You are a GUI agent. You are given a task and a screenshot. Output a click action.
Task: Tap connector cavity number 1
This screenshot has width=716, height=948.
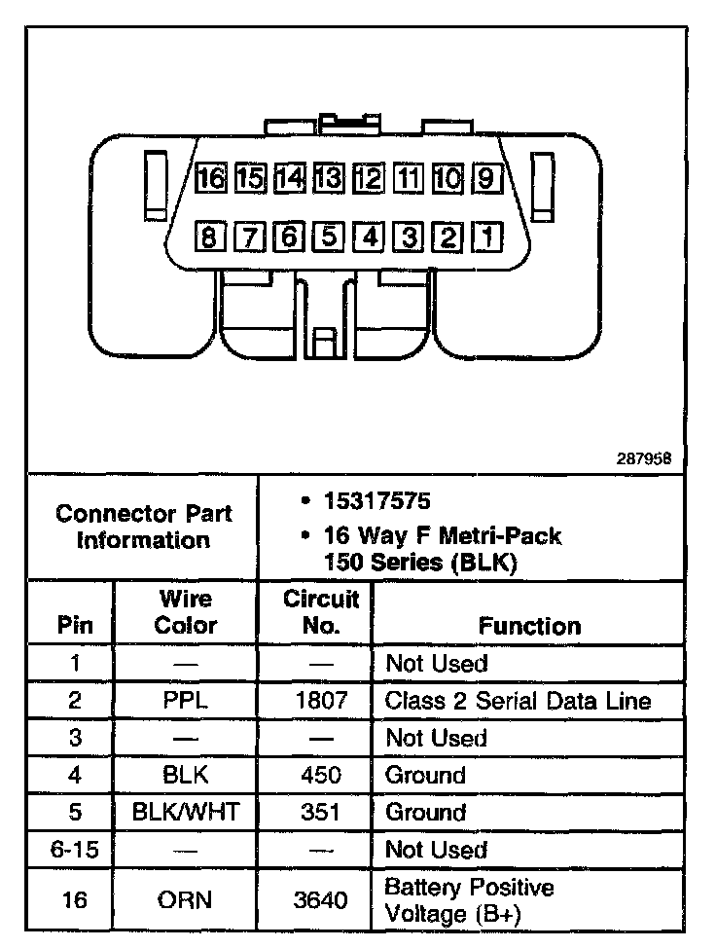pyautogui.click(x=485, y=237)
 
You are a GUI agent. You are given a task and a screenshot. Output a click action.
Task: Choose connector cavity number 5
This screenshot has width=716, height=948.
pyautogui.click(x=329, y=237)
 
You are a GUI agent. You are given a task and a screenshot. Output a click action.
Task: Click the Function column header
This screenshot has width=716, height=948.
pyautogui.click(x=530, y=626)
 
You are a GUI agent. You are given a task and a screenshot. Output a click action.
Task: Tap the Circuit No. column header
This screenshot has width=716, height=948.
pyautogui.click(x=321, y=611)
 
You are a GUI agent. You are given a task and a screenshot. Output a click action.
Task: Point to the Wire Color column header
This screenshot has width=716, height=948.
pyautogui.click(x=186, y=611)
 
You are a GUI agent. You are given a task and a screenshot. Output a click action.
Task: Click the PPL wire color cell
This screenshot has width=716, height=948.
pyautogui.click(x=186, y=701)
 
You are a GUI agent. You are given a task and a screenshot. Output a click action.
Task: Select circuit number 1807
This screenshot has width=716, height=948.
pyautogui.click(x=321, y=701)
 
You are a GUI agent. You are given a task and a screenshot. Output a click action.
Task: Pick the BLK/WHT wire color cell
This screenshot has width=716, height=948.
pyautogui.click(x=186, y=812)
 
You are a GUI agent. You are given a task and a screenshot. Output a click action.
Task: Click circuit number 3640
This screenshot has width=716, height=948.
pyautogui.click(x=321, y=900)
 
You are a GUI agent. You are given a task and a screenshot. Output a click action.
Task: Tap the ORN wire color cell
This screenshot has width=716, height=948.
pyautogui.click(x=186, y=900)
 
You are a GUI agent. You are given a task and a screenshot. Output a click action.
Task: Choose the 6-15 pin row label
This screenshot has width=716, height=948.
pyautogui.click(x=75, y=850)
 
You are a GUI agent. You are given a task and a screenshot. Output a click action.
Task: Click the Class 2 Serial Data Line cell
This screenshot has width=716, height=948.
pyautogui.click(x=518, y=701)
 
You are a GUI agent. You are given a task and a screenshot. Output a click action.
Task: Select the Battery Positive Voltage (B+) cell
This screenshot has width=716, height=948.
pyautogui.click(x=470, y=900)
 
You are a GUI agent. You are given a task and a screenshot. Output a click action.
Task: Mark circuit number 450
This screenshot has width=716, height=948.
pyautogui.click(x=321, y=775)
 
